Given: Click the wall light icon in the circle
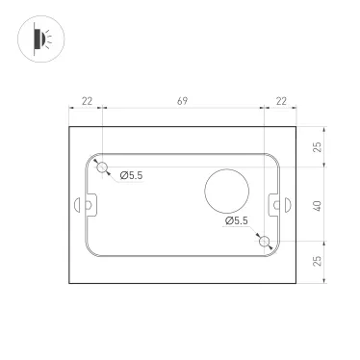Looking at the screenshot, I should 39,39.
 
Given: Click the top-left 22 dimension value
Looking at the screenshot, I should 87,101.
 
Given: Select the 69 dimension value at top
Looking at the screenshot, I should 182,101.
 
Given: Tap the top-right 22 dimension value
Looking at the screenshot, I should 280,101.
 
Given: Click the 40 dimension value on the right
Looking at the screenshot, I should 318,205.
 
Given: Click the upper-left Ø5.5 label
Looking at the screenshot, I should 133,174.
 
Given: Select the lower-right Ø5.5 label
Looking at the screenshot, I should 236,221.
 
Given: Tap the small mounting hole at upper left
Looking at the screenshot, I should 102,167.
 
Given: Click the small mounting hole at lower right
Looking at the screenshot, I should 263,244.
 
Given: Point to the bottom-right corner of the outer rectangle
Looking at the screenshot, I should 295,286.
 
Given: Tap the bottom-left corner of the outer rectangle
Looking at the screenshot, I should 70,286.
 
